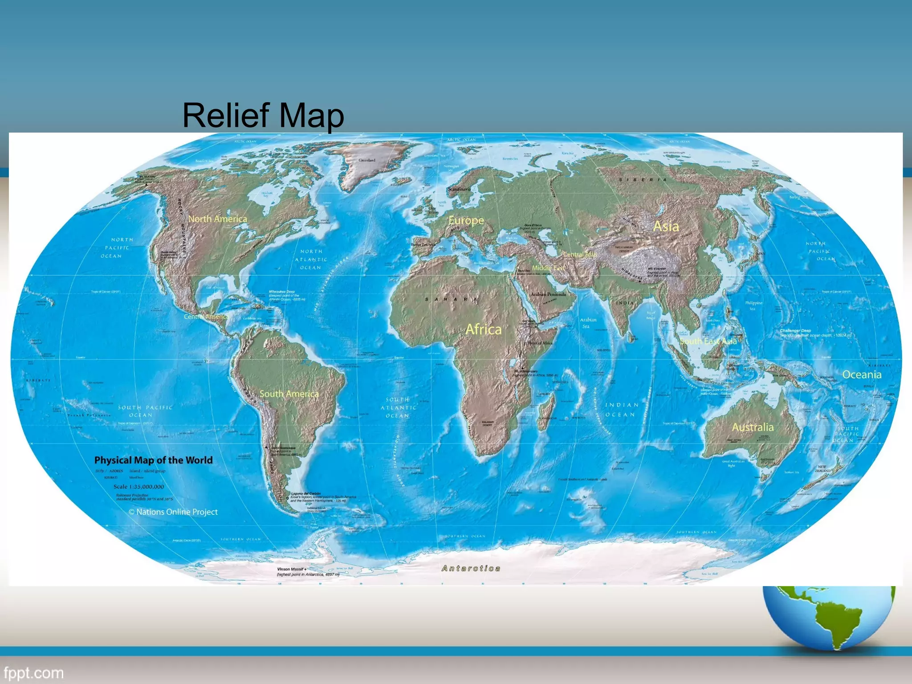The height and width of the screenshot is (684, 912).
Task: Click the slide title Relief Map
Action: click(x=263, y=115)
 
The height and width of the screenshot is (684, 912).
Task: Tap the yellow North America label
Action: click(x=217, y=219)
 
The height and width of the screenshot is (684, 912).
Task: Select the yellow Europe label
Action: click(x=466, y=220)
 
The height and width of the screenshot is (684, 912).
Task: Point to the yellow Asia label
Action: click(x=666, y=226)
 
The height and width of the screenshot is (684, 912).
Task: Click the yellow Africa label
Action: click(x=483, y=330)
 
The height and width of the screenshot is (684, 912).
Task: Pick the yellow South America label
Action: click(x=289, y=394)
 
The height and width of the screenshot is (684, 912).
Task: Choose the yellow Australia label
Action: click(x=753, y=427)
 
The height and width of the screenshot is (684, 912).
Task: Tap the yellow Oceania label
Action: click(x=862, y=375)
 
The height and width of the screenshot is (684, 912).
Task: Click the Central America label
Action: click(x=206, y=317)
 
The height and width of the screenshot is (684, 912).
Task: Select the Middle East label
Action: click(x=548, y=268)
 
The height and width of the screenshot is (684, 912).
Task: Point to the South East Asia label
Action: click(x=708, y=342)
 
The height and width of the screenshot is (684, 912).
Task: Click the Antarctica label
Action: click(x=471, y=569)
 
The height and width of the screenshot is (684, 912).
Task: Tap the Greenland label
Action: click(x=367, y=160)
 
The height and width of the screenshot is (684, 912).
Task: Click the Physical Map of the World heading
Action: click(x=153, y=460)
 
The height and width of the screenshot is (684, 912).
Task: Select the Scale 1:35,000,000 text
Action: click(x=138, y=487)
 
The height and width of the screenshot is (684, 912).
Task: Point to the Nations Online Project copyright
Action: click(x=173, y=512)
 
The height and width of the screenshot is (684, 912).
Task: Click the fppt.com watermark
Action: click(x=33, y=673)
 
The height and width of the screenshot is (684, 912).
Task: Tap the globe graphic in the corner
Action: click(x=830, y=617)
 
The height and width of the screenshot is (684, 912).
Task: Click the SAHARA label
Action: click(x=451, y=299)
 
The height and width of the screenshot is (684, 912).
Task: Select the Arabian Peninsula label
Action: click(x=548, y=294)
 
